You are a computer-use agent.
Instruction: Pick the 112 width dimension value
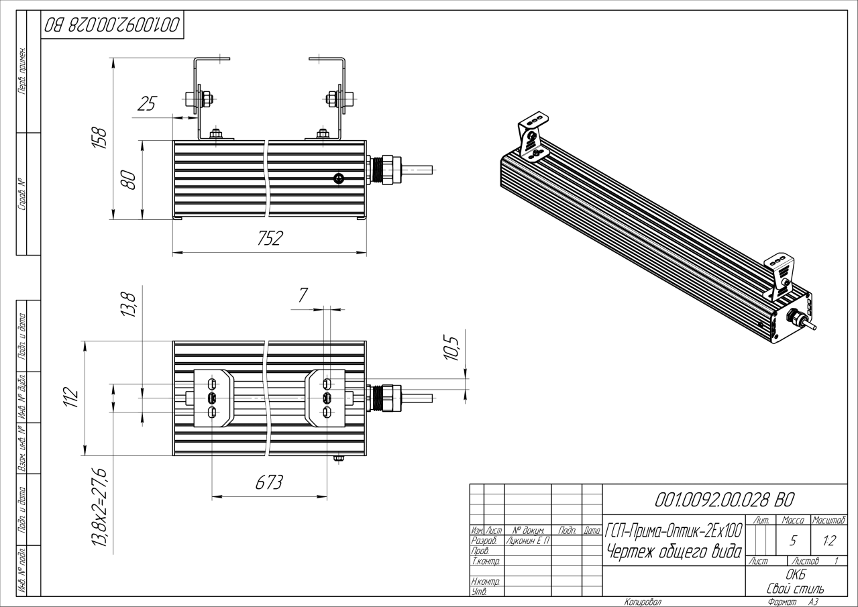tap(74, 397)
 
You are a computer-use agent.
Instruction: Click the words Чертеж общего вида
tap(674, 552)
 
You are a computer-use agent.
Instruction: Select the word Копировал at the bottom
tap(643, 602)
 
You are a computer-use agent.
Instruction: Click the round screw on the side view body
tap(339, 178)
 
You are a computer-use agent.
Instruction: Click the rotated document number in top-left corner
tap(112, 25)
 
